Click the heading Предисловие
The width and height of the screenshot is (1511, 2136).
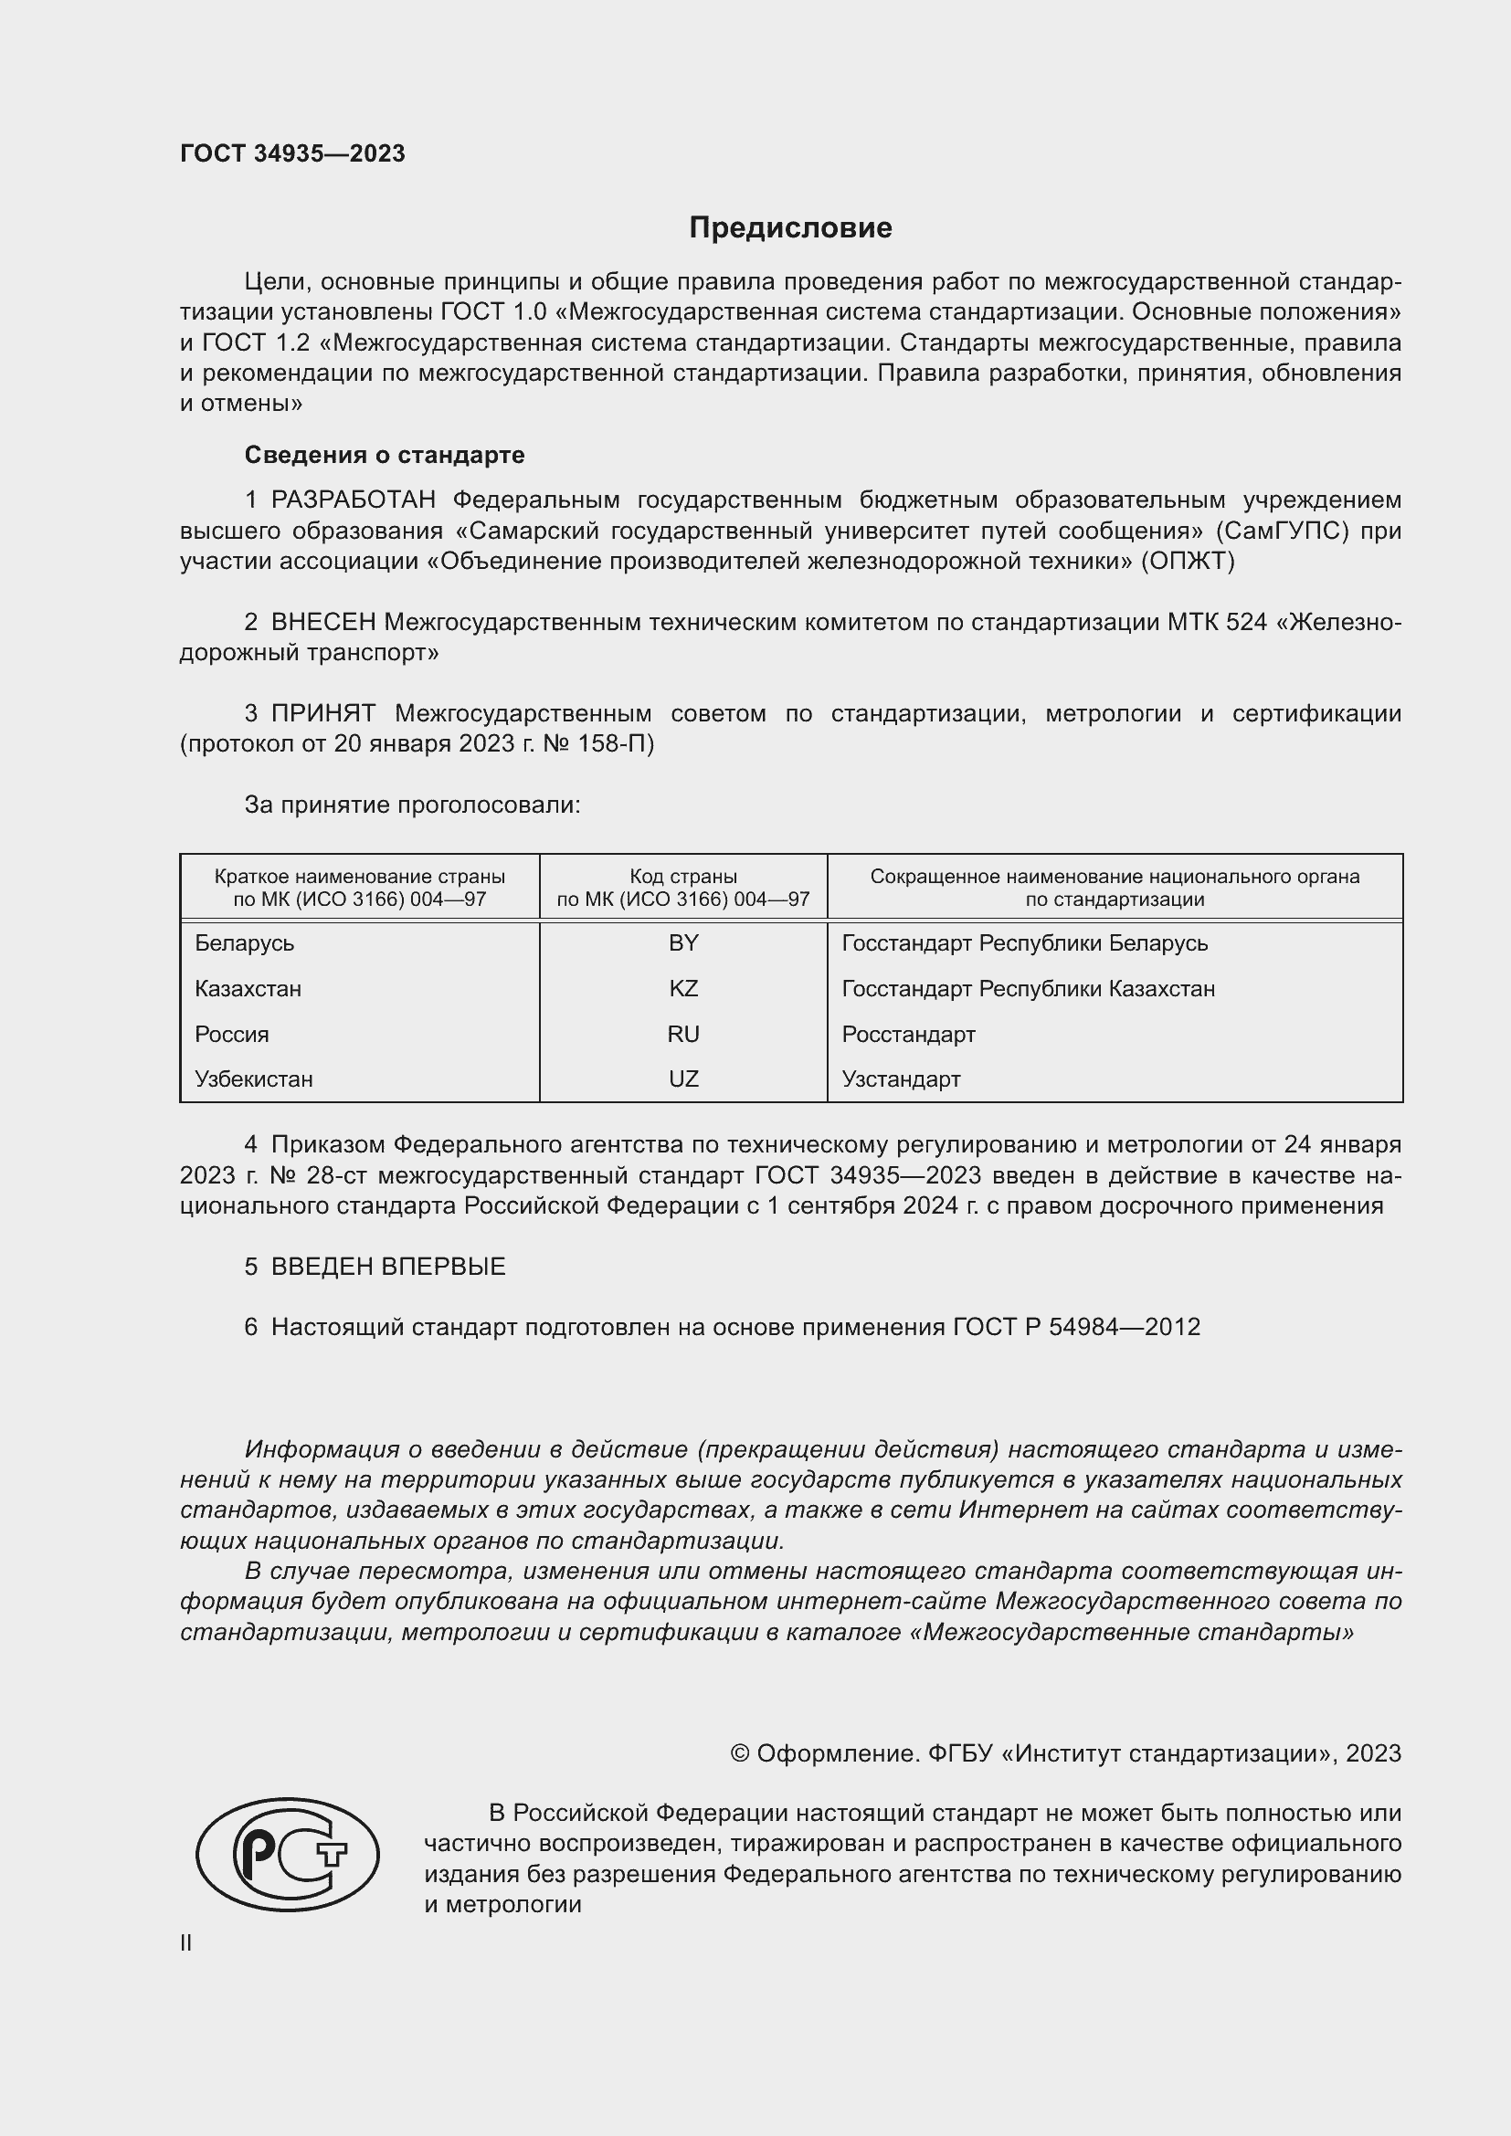coord(790,228)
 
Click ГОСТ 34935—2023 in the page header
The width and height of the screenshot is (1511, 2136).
coord(292,153)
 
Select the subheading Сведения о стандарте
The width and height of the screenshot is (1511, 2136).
coord(385,455)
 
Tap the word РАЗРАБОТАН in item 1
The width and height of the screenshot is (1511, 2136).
coord(353,500)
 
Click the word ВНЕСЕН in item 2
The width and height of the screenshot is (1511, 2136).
coord(322,622)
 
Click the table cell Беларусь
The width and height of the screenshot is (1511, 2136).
coord(245,943)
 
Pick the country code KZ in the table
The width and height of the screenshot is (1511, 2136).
coord(683,988)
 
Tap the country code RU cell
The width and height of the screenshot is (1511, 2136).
coord(683,1034)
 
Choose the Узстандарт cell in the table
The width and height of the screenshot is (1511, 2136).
coord(901,1079)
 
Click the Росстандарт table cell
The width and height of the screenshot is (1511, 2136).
coord(908,1034)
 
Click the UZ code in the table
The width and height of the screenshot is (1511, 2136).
coord(683,1079)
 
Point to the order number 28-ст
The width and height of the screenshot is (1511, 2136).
coord(337,1175)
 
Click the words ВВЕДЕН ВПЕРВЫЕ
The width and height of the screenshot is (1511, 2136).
coord(388,1266)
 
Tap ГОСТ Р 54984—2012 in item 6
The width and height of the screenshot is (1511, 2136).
coord(1076,1327)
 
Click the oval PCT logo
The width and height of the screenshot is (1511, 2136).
coord(288,1854)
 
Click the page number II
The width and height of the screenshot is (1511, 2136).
coord(186,1942)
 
